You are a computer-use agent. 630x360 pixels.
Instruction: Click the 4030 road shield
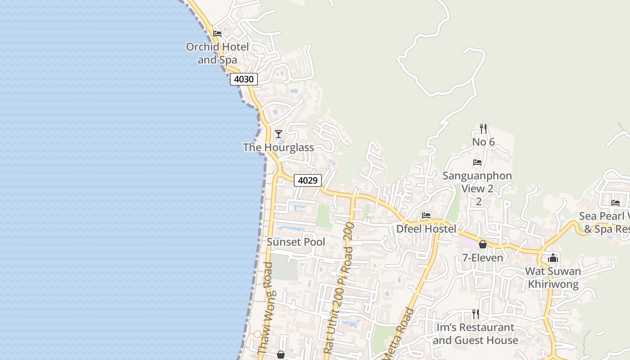point(244,79)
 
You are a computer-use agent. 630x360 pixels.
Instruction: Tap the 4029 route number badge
point(308,180)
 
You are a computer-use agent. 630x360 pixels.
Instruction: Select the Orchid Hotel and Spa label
point(217,53)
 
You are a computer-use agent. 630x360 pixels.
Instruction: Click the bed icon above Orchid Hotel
point(217,33)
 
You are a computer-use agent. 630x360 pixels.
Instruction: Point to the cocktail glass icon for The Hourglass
point(279,134)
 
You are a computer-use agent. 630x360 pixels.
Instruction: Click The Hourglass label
point(279,147)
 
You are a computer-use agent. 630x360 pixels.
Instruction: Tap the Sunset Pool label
point(296,242)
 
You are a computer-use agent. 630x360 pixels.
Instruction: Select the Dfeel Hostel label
point(426,229)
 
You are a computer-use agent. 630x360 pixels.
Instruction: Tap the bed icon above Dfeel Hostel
point(426,216)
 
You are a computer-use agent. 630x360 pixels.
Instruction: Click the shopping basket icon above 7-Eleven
point(483,244)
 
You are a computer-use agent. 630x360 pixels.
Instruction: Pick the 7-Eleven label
point(483,258)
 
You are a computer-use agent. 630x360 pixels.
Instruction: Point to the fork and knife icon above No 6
point(483,129)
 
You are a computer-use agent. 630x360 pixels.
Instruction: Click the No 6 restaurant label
point(483,142)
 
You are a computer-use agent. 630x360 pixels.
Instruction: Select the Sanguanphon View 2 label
point(477,188)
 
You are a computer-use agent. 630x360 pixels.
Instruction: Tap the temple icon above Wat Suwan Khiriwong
point(553,258)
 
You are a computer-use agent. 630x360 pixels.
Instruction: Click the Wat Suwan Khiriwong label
point(553,278)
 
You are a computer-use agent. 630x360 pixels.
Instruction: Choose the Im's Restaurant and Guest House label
point(475,333)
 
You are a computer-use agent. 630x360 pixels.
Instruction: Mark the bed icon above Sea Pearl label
point(616,202)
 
